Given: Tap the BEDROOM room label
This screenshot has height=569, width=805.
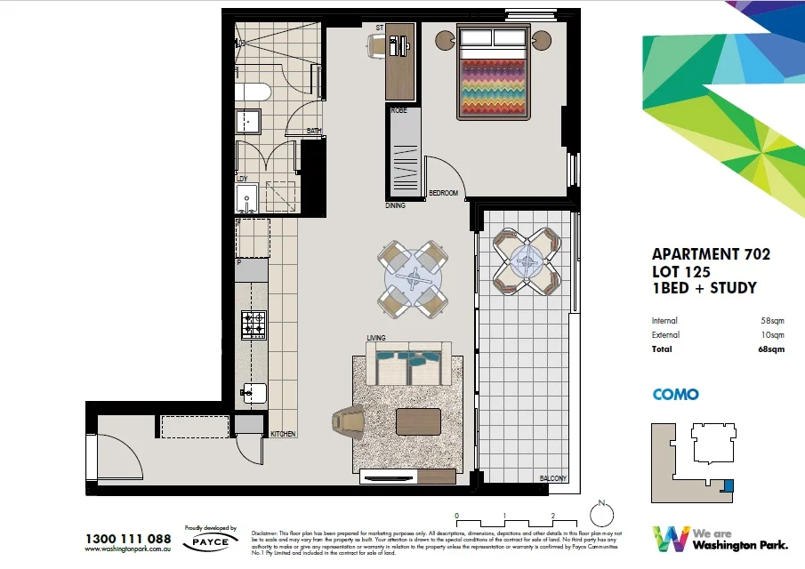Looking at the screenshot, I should (x=443, y=193).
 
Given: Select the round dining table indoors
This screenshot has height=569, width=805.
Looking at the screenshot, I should (x=411, y=276).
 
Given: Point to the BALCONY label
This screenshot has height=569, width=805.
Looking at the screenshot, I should (x=552, y=478).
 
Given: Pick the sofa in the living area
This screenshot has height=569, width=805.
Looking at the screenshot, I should (x=408, y=364).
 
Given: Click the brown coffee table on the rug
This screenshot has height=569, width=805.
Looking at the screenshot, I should (x=419, y=421).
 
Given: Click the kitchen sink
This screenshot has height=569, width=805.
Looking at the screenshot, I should (x=252, y=392).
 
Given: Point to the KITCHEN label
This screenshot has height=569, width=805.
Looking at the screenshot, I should (x=284, y=434).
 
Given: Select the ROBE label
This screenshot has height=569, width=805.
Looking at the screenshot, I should (x=398, y=110).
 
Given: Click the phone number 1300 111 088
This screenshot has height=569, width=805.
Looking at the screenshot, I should (x=128, y=538).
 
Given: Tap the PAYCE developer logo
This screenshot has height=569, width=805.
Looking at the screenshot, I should (x=212, y=541).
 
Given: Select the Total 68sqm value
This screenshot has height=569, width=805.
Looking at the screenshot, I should (x=771, y=349).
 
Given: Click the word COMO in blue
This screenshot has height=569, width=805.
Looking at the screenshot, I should (x=675, y=395).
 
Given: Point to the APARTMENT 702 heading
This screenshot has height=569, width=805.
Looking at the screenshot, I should (x=711, y=254).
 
